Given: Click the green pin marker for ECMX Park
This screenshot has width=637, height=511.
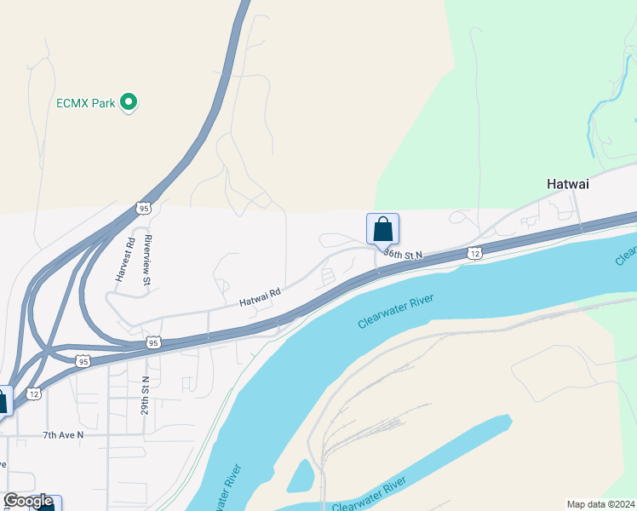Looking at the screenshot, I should [129, 103].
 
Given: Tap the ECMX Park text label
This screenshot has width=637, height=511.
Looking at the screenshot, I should [85, 103].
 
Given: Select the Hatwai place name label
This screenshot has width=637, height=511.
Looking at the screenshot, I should [567, 183].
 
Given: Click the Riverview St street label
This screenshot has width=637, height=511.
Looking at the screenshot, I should [147, 260].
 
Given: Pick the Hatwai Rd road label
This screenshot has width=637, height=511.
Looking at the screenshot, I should [260, 296].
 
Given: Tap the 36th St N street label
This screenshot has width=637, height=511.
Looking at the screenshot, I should [403, 254].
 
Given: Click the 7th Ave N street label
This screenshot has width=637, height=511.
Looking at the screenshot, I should [63, 435].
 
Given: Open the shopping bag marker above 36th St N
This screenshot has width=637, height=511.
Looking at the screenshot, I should [382, 228].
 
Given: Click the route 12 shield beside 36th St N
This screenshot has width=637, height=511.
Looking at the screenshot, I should [474, 253].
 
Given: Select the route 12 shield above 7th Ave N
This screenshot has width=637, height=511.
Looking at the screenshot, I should [33, 393].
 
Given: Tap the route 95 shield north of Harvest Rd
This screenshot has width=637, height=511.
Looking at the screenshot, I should [143, 208].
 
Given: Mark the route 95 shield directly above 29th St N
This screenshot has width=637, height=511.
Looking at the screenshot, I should [153, 342].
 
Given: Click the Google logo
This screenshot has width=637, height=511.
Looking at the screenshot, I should [28, 502].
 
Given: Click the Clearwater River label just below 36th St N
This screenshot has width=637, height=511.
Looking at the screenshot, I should [396, 311].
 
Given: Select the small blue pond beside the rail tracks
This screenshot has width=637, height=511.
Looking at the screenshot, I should [301, 477].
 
